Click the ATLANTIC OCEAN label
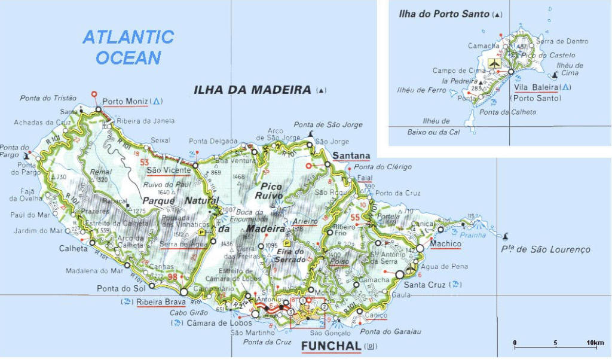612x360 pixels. click(x=128, y=47)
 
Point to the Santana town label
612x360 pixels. click(x=351, y=155)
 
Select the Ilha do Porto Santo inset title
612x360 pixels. click(x=443, y=14)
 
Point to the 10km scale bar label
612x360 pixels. click(x=595, y=343)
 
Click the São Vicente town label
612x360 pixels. click(x=169, y=170)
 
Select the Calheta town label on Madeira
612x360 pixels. click(x=73, y=248)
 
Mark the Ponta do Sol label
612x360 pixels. click(x=121, y=288)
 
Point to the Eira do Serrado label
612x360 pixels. click(x=291, y=256)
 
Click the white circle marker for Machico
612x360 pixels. click(x=420, y=248)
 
